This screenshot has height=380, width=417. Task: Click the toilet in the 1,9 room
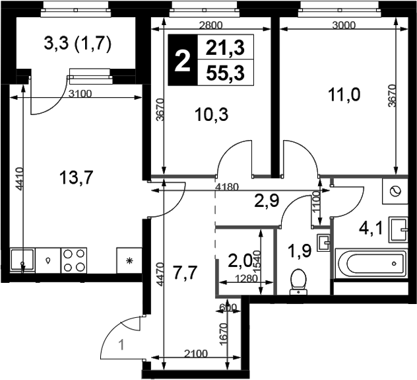point(298,282)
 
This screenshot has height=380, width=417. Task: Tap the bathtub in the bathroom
point(371,264)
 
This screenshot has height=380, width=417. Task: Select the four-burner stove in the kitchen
point(74,260)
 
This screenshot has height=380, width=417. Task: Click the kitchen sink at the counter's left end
point(22,260)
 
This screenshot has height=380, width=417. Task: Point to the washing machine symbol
point(395,191)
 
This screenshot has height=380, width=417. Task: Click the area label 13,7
point(77,178)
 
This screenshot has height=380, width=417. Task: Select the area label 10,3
point(211,115)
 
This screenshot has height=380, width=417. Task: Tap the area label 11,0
point(344,95)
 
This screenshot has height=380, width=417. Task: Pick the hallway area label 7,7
point(185,273)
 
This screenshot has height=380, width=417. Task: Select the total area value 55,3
point(225,73)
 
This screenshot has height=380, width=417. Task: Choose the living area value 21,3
point(225,48)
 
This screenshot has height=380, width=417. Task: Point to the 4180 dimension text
point(226,186)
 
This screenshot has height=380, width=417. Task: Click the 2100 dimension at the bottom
point(195,354)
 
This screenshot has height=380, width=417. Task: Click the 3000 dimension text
point(344,25)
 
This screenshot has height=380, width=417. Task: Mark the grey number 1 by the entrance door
point(121,346)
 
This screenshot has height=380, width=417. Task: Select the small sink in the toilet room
point(323,243)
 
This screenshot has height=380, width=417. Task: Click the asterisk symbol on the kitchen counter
point(129,260)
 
